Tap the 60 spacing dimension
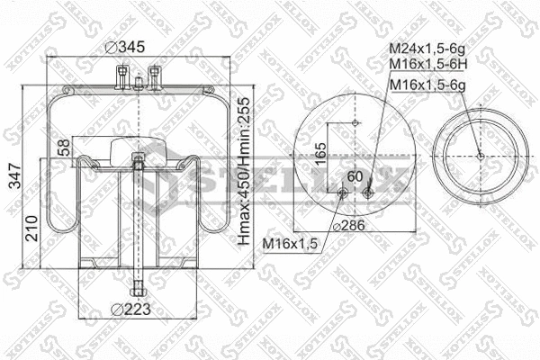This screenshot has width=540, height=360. pos(354,175)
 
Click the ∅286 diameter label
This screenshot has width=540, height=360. pos(349,225)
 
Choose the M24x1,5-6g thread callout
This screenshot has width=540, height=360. pos(426,49)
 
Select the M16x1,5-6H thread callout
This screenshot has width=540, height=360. pos(426,65)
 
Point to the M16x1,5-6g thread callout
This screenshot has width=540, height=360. pos(426,84)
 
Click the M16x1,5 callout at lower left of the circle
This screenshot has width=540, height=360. pos(290,244)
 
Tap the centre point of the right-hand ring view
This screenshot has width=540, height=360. pos(481,155)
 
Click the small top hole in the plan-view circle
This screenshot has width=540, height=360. pos(356,121)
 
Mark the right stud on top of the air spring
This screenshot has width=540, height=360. pos(157,73)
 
